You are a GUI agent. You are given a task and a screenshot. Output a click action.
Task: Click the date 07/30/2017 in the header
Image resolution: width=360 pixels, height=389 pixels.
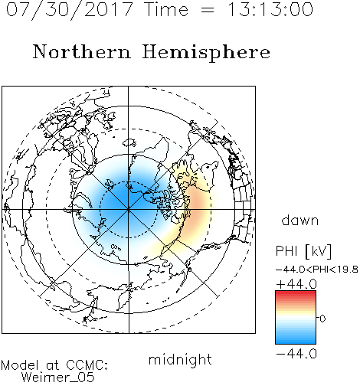70,10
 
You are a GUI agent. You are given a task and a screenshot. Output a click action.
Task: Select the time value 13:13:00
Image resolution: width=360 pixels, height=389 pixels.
270,9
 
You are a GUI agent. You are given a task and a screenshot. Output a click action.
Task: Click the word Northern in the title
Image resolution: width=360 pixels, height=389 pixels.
82,52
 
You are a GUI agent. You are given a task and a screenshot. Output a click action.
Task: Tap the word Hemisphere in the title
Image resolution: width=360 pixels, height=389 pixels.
206,53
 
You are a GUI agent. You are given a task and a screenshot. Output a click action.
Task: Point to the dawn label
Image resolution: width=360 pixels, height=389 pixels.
300,220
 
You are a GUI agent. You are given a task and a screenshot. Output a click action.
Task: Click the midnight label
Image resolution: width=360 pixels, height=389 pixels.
180,360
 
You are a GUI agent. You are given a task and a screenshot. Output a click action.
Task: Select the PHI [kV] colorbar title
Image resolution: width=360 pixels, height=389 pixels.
303,251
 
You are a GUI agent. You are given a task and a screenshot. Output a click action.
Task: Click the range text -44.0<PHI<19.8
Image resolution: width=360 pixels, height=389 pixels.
317,270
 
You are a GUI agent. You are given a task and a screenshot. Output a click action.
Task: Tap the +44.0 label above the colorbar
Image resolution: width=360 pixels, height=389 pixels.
296,284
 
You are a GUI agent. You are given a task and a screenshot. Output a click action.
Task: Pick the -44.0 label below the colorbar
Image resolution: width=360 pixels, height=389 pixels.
296,354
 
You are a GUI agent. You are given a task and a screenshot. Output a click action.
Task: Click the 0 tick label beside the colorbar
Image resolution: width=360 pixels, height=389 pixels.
322,319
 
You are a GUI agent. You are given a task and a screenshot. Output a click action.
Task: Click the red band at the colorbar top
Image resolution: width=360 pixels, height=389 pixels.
296,294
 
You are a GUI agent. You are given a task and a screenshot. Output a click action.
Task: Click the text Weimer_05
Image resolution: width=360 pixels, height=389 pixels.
58,378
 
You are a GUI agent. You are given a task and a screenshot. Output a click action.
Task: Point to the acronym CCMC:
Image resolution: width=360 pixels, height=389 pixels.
87,365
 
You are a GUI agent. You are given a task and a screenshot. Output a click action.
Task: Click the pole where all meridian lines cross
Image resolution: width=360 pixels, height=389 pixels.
129,210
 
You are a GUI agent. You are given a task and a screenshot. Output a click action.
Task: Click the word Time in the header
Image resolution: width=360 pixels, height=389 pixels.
166,9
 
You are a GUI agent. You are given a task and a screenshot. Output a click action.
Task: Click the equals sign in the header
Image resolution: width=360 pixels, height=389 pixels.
208,10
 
